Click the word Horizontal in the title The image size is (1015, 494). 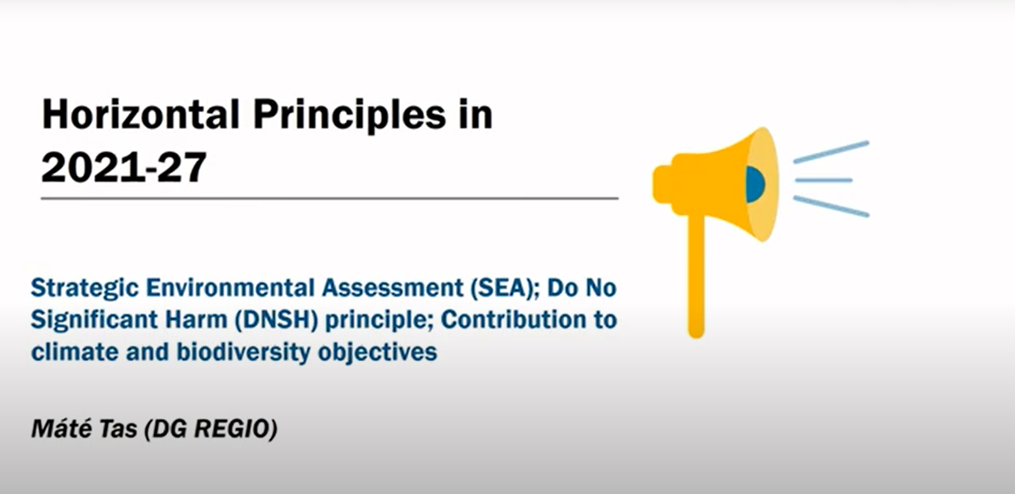point(141,115)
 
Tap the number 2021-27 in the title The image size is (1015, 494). point(124,167)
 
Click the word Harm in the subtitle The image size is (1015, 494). point(196,320)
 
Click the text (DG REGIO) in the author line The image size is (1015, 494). point(211,429)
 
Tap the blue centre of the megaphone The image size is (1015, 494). point(755,184)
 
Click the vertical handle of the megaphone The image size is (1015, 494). point(696,275)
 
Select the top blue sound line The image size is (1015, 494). point(831,152)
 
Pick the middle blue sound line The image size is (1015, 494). point(824,180)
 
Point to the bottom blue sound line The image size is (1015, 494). point(831,206)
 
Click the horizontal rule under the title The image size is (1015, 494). point(330,198)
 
